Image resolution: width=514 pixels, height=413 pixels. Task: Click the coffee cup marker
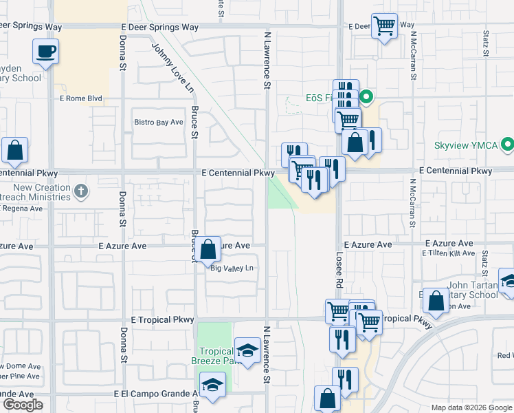[45, 52]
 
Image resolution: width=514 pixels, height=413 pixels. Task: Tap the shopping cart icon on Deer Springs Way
[384, 27]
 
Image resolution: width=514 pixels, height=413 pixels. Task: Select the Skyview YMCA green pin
[507, 145]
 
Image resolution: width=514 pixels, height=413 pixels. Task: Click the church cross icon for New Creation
[80, 191]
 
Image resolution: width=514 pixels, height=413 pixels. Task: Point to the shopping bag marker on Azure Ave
[210, 248]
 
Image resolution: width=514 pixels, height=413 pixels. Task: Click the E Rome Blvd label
[81, 98]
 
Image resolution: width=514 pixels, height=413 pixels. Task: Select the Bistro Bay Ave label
[159, 123]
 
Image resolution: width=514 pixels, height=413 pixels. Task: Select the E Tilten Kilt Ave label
[450, 253]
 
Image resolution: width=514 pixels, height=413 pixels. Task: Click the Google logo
[22, 405]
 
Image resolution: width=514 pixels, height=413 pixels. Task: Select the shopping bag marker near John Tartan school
[436, 301]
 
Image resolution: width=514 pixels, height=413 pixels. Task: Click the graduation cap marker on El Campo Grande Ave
[212, 385]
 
